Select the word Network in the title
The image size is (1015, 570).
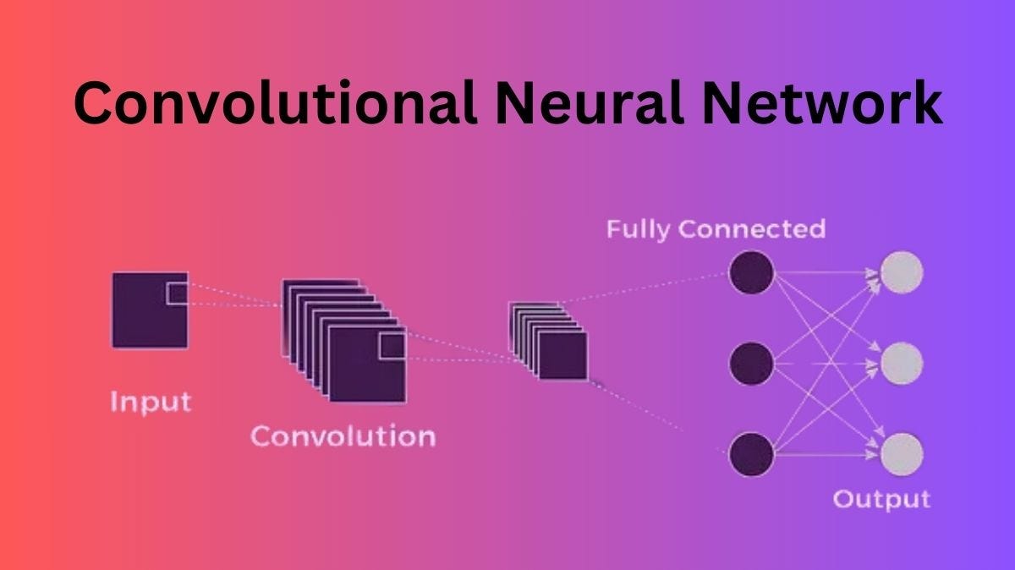[x=819, y=103]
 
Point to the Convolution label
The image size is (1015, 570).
[x=343, y=436]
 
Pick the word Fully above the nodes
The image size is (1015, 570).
[x=639, y=229]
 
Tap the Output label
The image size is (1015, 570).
[x=881, y=498]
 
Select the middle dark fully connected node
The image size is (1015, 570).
[x=751, y=364]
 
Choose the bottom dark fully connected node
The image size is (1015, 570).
[x=751, y=453]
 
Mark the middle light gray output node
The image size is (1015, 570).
[x=902, y=364]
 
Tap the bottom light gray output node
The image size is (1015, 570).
[x=902, y=453]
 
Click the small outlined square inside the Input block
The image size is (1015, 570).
[x=177, y=293]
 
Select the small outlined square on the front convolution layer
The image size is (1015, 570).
[x=392, y=347]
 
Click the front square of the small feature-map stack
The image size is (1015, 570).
[x=562, y=355]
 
